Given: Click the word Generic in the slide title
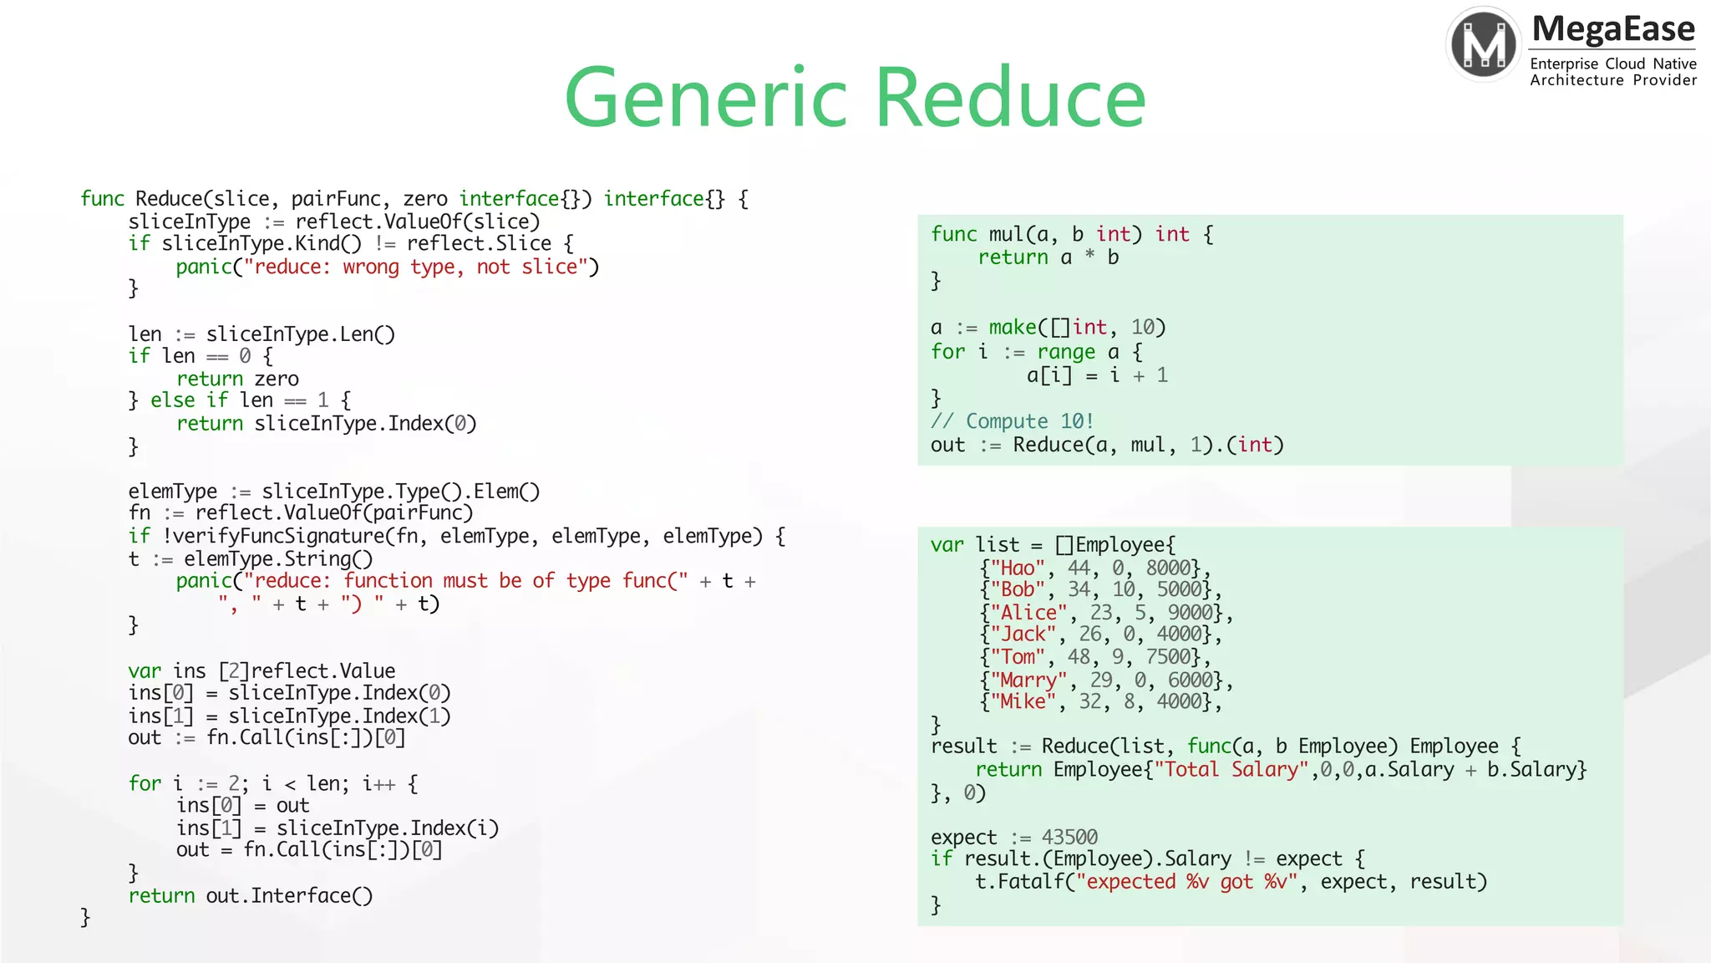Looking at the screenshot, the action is [x=707, y=98].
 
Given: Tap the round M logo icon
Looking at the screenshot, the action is [x=1484, y=44].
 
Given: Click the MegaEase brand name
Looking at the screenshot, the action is [x=1613, y=29].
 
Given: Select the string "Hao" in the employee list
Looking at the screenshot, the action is [x=1017, y=568].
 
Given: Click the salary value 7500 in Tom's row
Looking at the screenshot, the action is [x=1167, y=657].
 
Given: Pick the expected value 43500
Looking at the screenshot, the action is [x=1069, y=837].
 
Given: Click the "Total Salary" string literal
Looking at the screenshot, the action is [x=1231, y=769].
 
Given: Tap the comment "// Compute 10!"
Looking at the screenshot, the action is [x=1012, y=421].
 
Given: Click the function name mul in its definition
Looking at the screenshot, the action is [x=1006, y=234].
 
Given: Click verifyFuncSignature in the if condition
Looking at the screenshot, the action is [x=279, y=536].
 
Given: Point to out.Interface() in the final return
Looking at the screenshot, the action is [x=289, y=895].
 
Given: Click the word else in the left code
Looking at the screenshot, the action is [x=172, y=400].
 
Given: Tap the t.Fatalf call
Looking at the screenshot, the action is [x=1019, y=882].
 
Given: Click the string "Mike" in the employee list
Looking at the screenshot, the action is [x=1022, y=701].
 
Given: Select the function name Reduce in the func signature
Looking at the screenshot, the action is [x=168, y=199].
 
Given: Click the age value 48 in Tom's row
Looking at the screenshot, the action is [x=1079, y=657].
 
